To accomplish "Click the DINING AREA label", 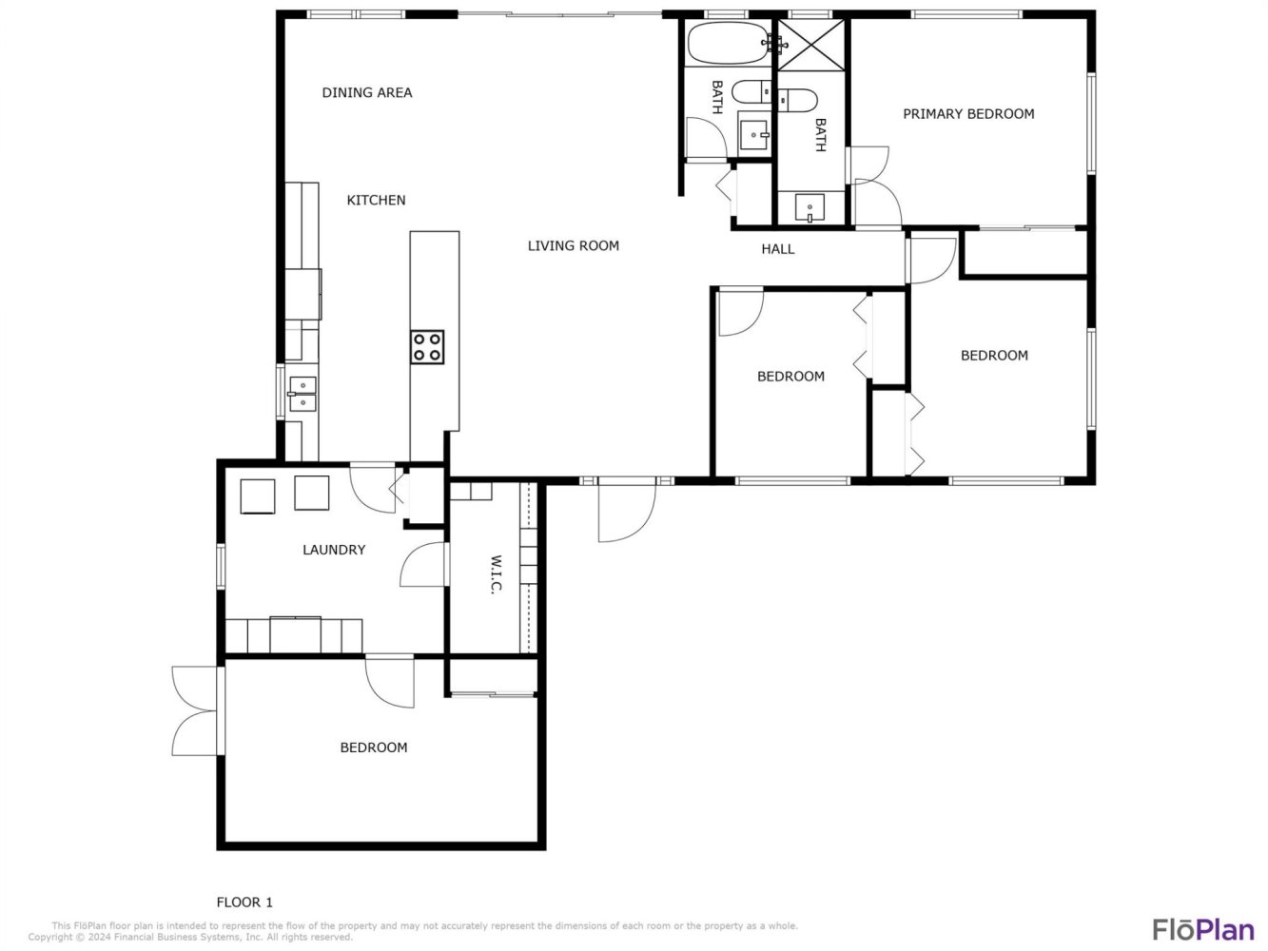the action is tap(367, 93).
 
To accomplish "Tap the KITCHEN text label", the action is tap(376, 201).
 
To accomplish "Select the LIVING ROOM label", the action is tap(573, 246).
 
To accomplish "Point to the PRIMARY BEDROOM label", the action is tap(968, 114).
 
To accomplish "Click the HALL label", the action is tap(777, 249).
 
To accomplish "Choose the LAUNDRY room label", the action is tap(334, 550).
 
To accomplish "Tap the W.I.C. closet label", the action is tap(496, 574).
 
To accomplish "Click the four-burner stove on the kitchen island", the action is tap(427, 347).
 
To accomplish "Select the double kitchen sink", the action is tap(302, 394).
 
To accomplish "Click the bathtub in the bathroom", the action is tap(728, 44).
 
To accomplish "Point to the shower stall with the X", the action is tap(811, 45).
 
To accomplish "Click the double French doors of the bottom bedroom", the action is tap(196, 710).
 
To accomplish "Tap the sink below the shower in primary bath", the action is tap(810, 208).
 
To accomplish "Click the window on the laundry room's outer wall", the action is tap(221, 567).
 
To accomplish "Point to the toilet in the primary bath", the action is tap(797, 100).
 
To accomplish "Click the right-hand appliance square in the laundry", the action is tap(312, 494).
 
